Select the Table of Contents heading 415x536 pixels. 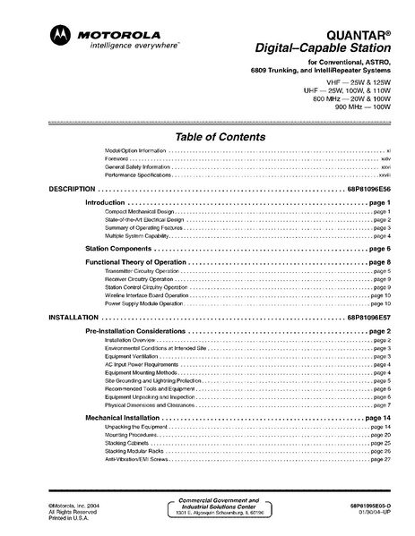220,137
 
